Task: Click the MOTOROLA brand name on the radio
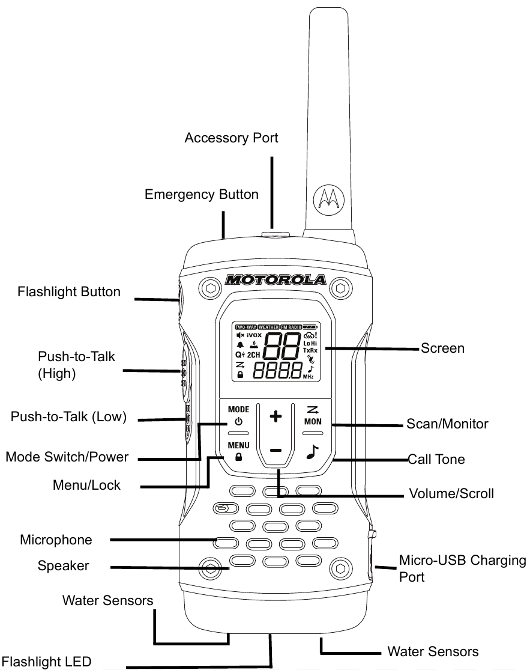pos(276,280)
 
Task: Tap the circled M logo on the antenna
pos(328,198)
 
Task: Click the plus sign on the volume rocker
pos(276,418)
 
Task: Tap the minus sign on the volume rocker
pos(276,450)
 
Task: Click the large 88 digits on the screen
pos(282,347)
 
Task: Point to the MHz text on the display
pos(308,376)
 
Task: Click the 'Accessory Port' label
pos(231,138)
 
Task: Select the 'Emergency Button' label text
pos(202,195)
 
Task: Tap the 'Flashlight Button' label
pos(69,293)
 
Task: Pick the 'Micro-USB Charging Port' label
pos(462,568)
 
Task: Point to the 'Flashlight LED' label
pos(46,663)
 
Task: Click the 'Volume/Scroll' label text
pos(451,494)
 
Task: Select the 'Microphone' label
pos(56,540)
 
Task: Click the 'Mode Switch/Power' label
pos(67,457)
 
